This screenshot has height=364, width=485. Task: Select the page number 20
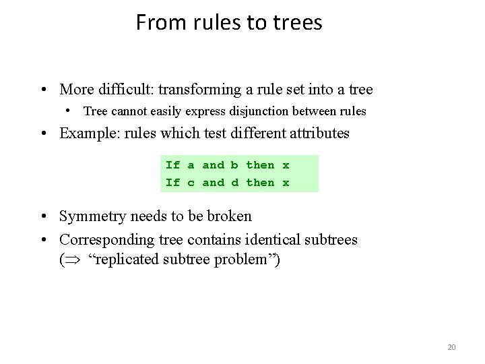click(x=451, y=347)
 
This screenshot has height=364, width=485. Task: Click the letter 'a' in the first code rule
click(x=191, y=164)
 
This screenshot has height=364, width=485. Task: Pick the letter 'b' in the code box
click(x=234, y=164)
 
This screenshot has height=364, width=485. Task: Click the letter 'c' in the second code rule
click(x=191, y=182)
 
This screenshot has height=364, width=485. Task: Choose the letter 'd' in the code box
click(x=234, y=182)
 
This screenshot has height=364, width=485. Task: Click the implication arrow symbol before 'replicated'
click(x=75, y=260)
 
